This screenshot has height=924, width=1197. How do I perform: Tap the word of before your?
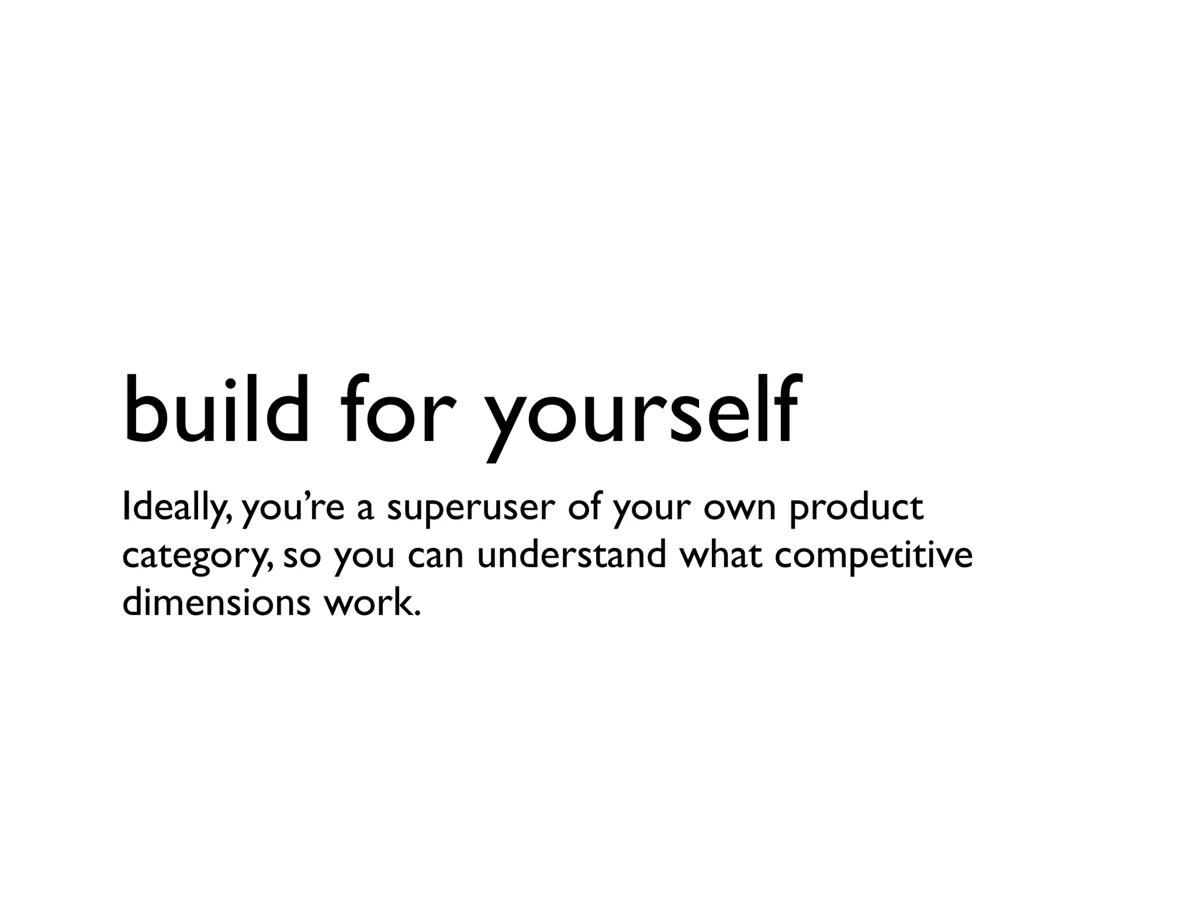[x=585, y=507]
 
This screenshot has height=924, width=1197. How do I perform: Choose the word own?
[x=739, y=509]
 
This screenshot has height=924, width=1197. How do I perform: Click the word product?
[x=856, y=509]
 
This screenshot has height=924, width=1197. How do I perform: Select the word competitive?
[x=873, y=556]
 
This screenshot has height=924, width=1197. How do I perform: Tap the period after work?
[x=416, y=613]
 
